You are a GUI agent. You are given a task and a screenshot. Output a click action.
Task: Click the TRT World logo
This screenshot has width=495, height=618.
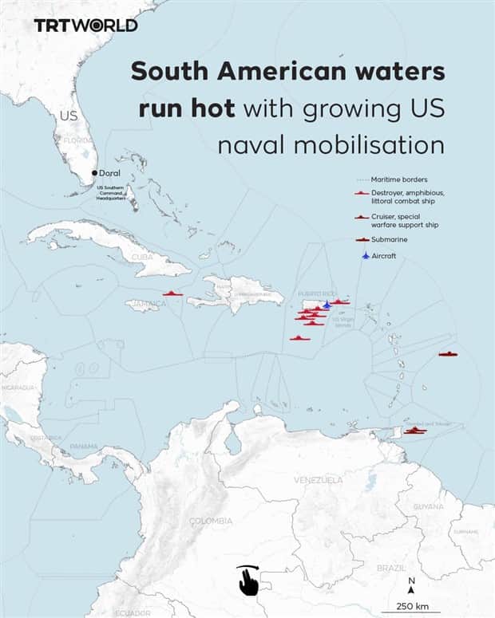click(85, 25)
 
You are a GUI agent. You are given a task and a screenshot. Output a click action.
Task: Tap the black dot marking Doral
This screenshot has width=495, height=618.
click(94, 173)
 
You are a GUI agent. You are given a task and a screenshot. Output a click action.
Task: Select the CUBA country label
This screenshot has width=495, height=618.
click(141, 257)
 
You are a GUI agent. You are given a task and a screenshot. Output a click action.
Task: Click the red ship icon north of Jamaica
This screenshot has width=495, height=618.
click(173, 293)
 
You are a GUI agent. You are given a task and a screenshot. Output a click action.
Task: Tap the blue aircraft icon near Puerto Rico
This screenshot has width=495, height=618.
click(327, 305)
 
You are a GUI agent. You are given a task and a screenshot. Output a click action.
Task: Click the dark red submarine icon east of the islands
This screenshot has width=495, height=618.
click(448, 354)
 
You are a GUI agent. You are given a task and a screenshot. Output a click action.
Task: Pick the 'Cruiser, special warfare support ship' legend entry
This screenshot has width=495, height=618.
click(399, 221)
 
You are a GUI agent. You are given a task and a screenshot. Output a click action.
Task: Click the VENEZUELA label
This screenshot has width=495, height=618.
click(318, 480)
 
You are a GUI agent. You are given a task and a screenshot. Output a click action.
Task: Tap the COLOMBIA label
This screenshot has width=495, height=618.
click(211, 521)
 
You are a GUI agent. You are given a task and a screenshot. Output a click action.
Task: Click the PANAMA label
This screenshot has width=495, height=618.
click(84, 446)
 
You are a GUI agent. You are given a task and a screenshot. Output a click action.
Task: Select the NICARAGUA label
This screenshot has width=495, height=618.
click(18, 388)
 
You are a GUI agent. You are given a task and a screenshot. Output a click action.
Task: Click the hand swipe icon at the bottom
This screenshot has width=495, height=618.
click(247, 580)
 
